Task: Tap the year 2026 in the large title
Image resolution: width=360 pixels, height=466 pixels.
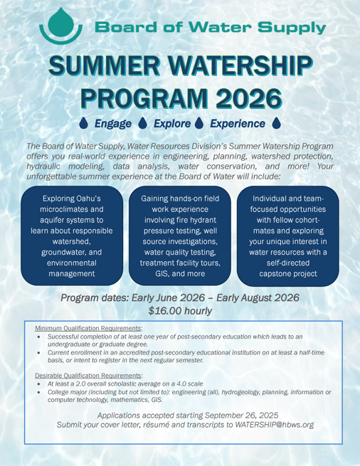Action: point(238,99)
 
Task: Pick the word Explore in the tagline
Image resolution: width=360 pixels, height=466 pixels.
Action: point(164,124)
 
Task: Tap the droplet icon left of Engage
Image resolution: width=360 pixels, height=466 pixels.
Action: point(85,124)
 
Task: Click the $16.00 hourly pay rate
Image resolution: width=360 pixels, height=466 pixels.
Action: point(180,310)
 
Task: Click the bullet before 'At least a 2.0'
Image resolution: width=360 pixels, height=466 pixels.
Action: point(40,383)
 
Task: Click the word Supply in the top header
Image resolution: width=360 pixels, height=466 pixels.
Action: point(295,28)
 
